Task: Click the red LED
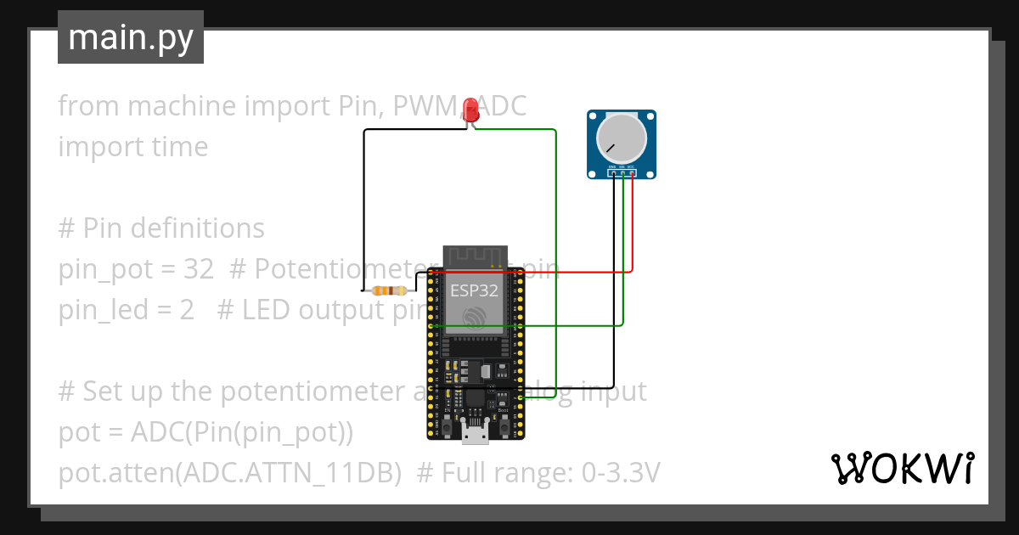pyautogui.click(x=470, y=111)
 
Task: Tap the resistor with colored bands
pyautogui.click(x=389, y=290)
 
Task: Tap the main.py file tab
pyautogui.click(x=131, y=37)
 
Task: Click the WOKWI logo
pyautogui.click(x=902, y=468)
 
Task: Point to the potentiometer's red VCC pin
pyautogui.click(x=633, y=173)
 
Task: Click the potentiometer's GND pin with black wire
pyautogui.click(x=613, y=173)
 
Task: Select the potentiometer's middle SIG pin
pyautogui.click(x=623, y=173)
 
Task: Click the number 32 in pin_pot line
pyautogui.click(x=199, y=269)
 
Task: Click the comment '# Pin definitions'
pyautogui.click(x=161, y=228)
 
